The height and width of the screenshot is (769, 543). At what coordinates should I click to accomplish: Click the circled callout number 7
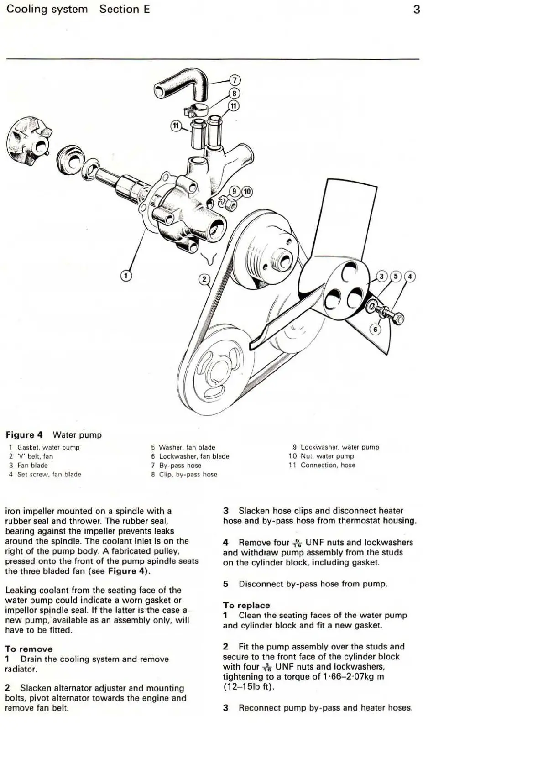point(234,80)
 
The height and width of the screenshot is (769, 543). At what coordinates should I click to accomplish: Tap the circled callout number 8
point(234,93)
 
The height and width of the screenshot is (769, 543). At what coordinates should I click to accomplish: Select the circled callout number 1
point(126,276)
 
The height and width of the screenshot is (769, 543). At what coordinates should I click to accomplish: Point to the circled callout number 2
point(205,279)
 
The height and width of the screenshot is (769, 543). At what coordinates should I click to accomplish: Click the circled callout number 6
point(375,330)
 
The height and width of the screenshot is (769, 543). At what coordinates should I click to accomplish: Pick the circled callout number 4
point(410,276)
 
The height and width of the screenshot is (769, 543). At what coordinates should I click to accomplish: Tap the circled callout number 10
point(247,191)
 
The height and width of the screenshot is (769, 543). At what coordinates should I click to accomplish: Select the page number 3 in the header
point(416,9)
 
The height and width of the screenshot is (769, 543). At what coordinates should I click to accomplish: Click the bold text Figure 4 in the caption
point(24,435)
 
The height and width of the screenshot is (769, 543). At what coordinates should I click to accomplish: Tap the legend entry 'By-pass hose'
point(180,466)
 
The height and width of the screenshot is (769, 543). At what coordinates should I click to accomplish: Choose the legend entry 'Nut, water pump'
point(327,456)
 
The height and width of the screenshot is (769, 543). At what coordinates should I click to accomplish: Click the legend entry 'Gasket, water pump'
point(48,447)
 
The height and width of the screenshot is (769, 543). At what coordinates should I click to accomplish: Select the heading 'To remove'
point(29,649)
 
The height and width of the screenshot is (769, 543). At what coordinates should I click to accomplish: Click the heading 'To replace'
point(246,605)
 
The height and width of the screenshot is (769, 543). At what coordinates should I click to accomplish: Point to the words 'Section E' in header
point(125,9)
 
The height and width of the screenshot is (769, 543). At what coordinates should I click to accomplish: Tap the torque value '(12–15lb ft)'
point(249,686)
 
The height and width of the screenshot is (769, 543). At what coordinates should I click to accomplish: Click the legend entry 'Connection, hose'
point(328,465)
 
